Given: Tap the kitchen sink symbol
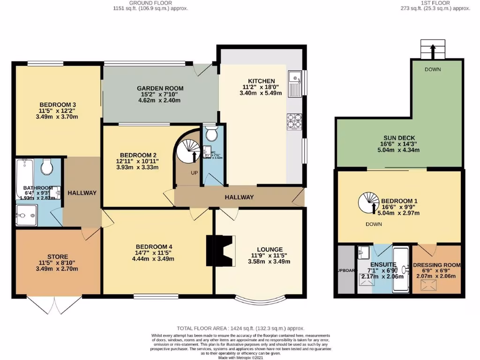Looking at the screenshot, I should [295, 82].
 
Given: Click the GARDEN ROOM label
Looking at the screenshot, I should [160, 88].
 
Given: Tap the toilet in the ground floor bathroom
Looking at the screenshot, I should [47, 167].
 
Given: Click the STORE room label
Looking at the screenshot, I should [58, 257].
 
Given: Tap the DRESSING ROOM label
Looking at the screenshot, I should [437, 265].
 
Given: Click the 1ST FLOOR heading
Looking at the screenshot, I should [435, 3].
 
